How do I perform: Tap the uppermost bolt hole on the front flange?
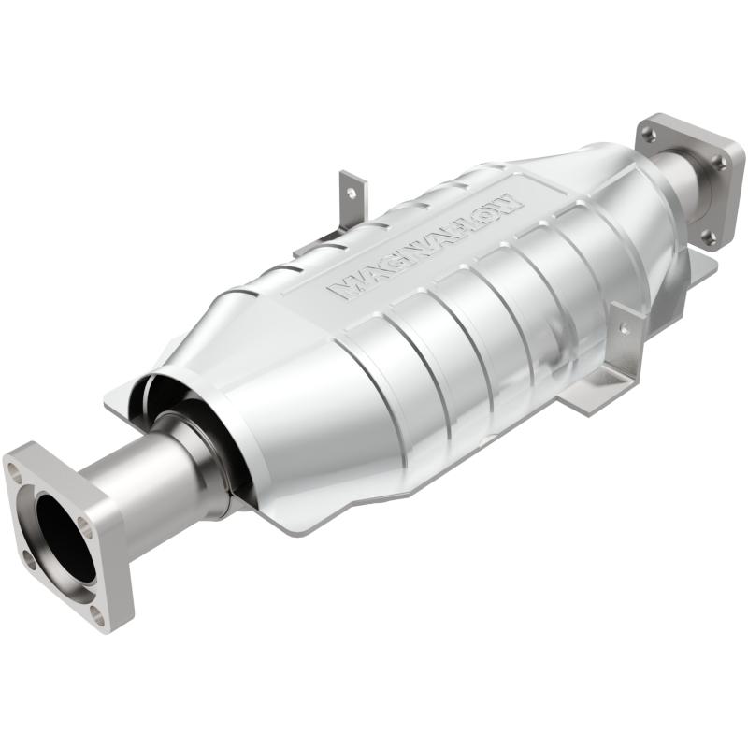point(17,472)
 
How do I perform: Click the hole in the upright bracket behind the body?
point(351,194)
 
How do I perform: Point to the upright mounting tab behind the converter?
point(352,201)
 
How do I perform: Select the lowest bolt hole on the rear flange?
point(708,235)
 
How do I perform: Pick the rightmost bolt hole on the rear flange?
point(720,163)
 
